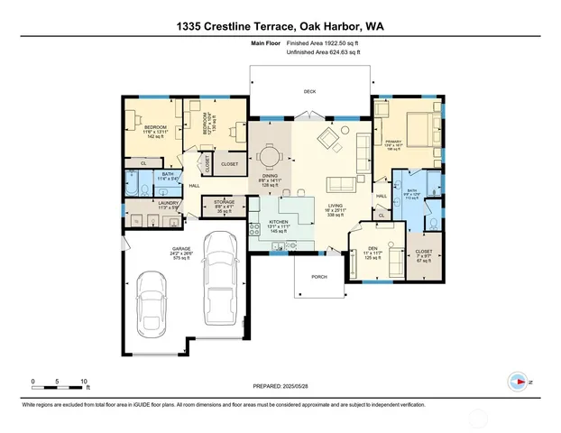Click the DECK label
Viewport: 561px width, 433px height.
310,92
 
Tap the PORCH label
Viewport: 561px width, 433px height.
318,276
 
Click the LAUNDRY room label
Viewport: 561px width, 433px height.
143,204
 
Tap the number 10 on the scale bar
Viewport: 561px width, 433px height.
84,382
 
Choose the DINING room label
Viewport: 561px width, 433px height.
270,177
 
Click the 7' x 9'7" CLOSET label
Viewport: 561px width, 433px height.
424,253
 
